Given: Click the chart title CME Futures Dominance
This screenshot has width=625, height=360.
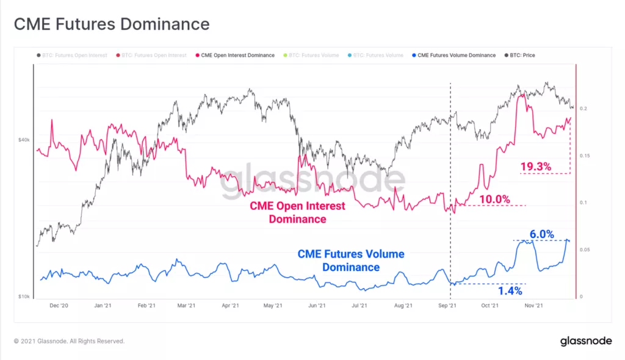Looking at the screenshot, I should click(x=112, y=24).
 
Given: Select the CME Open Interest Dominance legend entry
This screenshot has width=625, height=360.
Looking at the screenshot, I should click(x=235, y=55).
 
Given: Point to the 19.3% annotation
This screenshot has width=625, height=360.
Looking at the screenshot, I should click(x=536, y=166).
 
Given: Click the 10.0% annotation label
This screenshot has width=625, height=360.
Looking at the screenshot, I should click(x=494, y=199).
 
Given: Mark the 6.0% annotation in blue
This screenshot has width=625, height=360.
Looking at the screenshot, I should click(x=541, y=234).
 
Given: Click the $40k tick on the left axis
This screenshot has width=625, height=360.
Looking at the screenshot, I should click(x=24, y=140).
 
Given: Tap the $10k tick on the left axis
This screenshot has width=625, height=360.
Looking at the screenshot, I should click(x=24, y=297).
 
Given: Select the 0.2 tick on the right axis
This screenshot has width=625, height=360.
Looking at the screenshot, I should click(x=584, y=109).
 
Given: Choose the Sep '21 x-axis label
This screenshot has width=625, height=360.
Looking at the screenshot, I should click(x=448, y=306).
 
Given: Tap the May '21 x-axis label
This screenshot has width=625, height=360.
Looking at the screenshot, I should click(x=274, y=306).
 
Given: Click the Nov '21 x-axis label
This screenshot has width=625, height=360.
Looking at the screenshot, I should click(x=535, y=306).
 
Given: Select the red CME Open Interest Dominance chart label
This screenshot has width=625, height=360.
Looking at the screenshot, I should click(x=297, y=212).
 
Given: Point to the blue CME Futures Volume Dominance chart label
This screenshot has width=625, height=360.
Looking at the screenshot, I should click(x=350, y=261).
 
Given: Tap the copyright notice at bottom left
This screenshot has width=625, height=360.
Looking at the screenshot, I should click(x=69, y=341).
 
